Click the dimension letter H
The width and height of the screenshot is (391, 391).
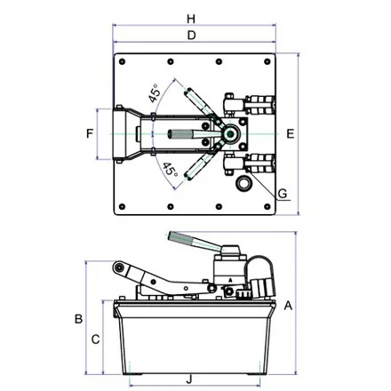(191, 19)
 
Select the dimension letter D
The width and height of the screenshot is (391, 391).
(192, 36)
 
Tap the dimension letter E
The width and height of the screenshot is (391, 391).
(291, 134)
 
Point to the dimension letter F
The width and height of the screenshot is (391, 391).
(90, 133)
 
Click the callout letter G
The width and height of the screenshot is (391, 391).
(283, 194)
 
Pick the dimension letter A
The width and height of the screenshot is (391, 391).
(288, 306)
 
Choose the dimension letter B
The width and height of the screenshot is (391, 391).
(78, 319)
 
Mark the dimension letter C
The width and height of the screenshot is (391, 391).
(95, 339)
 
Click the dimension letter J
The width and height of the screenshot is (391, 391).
(189, 379)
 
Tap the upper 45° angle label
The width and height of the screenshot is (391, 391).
(155, 93)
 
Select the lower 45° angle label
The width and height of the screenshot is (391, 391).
(170, 169)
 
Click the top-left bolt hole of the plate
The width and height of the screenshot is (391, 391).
(122, 61)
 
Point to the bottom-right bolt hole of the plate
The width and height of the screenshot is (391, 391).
(267, 206)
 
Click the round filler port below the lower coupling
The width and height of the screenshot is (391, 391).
(243, 183)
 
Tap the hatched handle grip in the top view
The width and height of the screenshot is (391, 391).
(180, 134)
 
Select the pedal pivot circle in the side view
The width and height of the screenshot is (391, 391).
(119, 267)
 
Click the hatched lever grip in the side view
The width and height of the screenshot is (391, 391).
(180, 238)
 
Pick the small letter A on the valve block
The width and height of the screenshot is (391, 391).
(230, 280)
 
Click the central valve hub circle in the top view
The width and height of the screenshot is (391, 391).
(230, 134)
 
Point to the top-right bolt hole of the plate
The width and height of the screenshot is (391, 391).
(267, 61)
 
